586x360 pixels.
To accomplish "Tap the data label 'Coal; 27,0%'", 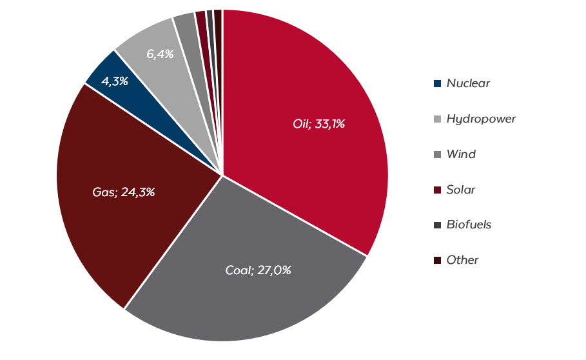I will point(258,270).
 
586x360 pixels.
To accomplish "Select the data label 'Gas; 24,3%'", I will point(124,192).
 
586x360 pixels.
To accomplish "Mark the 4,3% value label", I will point(115,81).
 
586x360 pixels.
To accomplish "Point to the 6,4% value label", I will point(160,54).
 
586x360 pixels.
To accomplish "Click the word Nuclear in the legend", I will point(468,83).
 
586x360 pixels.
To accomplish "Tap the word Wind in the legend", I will point(461,154).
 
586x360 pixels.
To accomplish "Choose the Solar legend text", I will point(461,190).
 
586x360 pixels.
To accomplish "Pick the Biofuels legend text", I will point(469,225).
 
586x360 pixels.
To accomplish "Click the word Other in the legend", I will point(462,260).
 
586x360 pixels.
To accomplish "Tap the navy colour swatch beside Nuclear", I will point(437,83).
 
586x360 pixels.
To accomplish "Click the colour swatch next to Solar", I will point(437,190).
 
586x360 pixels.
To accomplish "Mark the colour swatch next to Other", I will point(437,260).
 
